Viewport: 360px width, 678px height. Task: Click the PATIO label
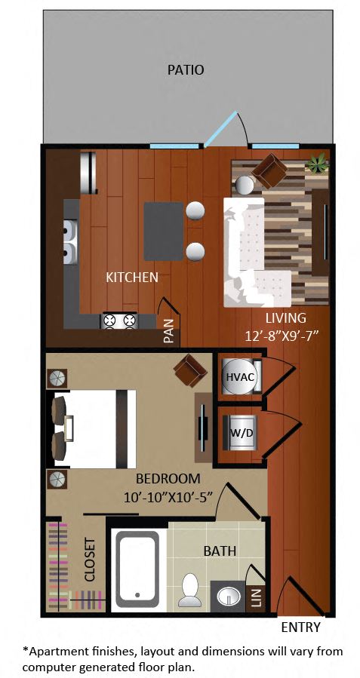(x=186, y=70)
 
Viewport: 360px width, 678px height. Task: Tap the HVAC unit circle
(x=239, y=376)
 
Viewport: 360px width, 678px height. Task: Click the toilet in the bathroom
(x=190, y=590)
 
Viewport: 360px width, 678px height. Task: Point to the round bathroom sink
(x=228, y=597)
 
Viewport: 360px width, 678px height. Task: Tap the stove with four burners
(x=118, y=321)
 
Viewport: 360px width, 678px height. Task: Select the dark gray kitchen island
(x=163, y=231)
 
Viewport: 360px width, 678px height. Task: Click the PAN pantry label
(x=169, y=330)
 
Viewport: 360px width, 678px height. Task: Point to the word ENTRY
(x=300, y=627)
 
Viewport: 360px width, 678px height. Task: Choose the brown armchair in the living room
(x=269, y=170)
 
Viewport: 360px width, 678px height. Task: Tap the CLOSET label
(x=90, y=559)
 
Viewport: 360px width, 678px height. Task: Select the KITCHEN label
(x=132, y=278)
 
